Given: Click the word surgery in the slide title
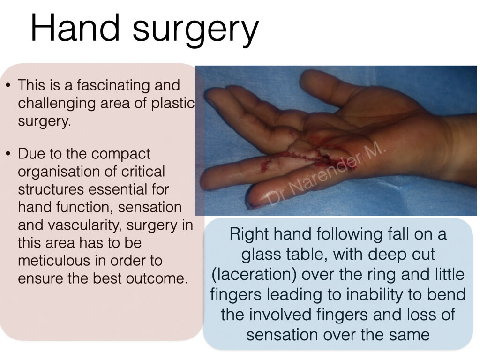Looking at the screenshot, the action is pyautogui.click(x=195, y=30).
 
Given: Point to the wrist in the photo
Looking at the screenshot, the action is pyautogui.click(x=456, y=147).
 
